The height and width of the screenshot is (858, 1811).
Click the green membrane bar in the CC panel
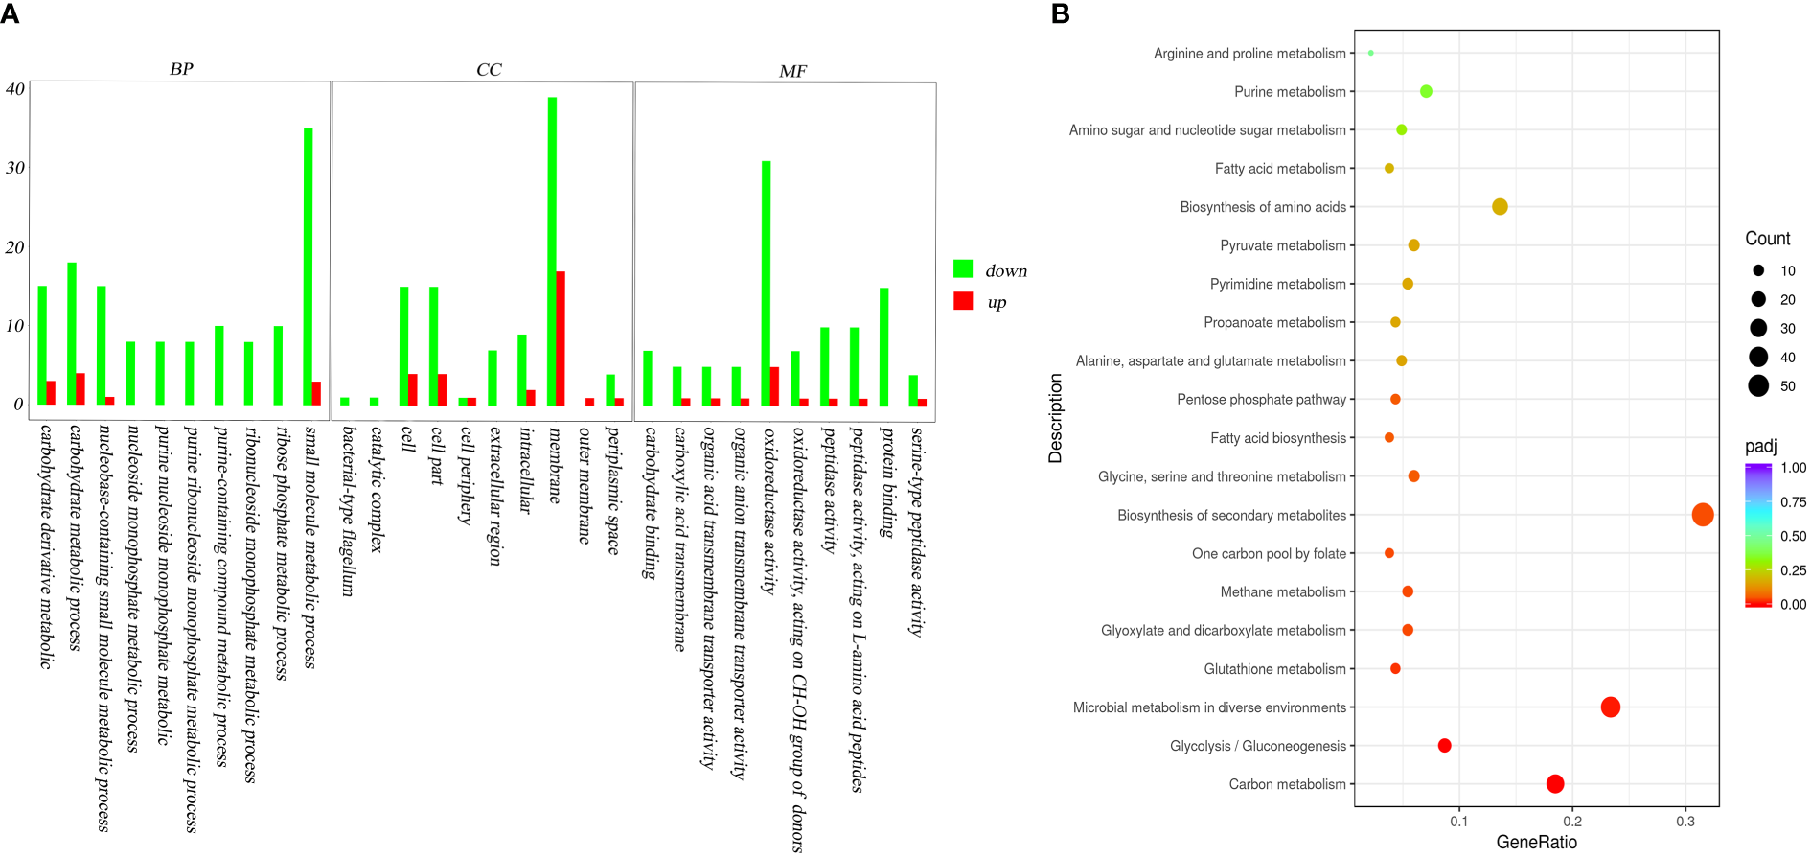pos(552,249)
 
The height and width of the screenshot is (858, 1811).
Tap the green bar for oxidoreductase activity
pos(766,283)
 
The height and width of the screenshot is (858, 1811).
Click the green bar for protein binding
pos(883,346)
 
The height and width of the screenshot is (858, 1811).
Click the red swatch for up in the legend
pos(963,301)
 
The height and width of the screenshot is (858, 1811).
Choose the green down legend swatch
pos(963,269)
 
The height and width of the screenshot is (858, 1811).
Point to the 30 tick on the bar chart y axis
pos(15,168)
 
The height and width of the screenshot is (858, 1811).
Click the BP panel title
pos(181,69)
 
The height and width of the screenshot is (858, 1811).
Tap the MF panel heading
pos(792,71)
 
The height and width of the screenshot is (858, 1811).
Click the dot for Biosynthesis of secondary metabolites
pos(1702,515)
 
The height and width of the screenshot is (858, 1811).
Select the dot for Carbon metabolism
pos(1554,784)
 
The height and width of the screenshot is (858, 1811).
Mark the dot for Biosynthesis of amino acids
pos(1500,207)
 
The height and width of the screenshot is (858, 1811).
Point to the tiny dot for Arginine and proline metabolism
pos(1370,53)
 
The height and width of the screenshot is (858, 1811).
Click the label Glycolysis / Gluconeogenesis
pos(1257,746)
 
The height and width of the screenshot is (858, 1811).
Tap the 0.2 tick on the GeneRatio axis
pos(1571,822)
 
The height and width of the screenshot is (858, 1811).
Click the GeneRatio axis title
pos(1536,843)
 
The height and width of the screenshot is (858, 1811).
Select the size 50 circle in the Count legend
pos(1757,386)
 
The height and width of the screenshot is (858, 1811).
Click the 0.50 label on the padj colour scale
pos(1793,536)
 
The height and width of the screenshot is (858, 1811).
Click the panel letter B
pos(1060,14)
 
